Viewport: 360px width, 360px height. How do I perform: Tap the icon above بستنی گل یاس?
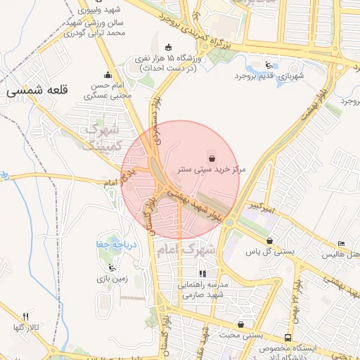[250, 239]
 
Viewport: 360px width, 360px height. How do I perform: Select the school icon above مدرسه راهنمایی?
[202, 274]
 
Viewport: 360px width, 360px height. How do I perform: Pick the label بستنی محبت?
[235, 335]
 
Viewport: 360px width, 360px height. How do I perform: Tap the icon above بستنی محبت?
[243, 324]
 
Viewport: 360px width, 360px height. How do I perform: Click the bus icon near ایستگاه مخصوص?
[288, 337]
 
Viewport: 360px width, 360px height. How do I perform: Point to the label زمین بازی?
[111, 278]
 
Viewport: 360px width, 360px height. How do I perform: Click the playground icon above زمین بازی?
[111, 266]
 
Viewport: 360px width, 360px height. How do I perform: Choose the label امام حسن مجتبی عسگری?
[108, 89]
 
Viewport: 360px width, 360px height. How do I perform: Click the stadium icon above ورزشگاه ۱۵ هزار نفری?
[167, 46]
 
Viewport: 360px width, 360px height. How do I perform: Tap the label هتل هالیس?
[342, 253]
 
